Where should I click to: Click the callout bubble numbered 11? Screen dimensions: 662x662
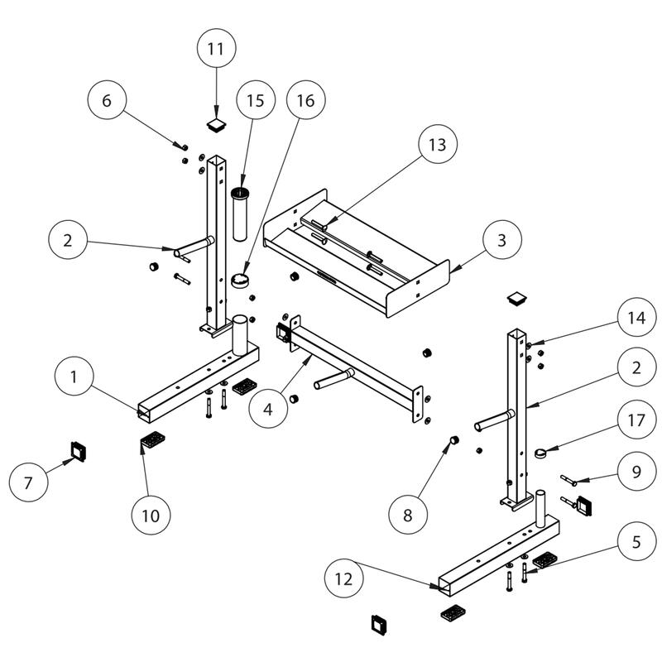click(x=215, y=48)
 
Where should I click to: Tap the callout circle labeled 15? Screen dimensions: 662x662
click(x=255, y=101)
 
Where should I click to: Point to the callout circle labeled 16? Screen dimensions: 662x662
click(x=305, y=101)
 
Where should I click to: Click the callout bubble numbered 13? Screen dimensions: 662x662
click(x=437, y=145)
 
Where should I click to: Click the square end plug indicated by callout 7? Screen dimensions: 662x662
click(x=78, y=451)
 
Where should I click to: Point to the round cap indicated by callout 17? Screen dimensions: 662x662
click(x=541, y=453)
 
